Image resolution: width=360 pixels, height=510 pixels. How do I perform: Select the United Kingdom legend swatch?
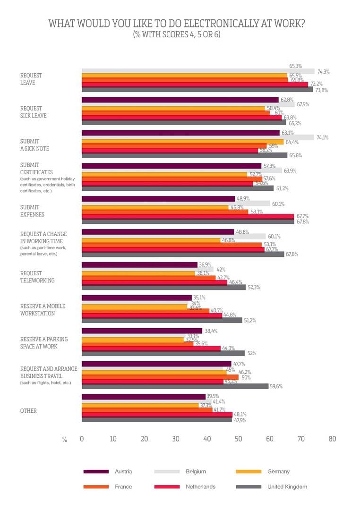coord(249,486)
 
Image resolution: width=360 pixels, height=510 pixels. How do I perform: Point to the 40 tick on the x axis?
coord(207,439)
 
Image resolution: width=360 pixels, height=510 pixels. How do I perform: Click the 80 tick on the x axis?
coord(332,439)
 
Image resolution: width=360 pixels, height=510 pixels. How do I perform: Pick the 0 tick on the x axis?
coord(82,439)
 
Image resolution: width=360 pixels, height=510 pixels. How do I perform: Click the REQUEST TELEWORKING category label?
coord(37,277)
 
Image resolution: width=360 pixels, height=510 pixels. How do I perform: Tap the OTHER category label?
coord(28,411)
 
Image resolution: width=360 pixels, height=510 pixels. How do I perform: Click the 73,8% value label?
coord(321,90)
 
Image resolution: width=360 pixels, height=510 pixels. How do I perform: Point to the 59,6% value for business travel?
coord(276,386)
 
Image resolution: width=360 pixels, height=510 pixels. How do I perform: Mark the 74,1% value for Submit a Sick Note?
coord(322,137)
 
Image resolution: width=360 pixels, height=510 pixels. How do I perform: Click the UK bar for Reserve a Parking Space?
coord(163,353)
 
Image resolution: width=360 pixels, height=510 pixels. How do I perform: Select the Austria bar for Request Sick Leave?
coord(180,100)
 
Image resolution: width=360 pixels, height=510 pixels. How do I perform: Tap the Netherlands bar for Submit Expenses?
coord(188,216)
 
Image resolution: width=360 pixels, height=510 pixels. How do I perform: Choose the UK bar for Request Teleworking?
coord(163,287)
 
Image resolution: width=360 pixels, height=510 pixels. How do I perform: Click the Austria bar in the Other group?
coord(144,397)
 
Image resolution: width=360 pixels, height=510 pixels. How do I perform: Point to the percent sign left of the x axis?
coord(65,439)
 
